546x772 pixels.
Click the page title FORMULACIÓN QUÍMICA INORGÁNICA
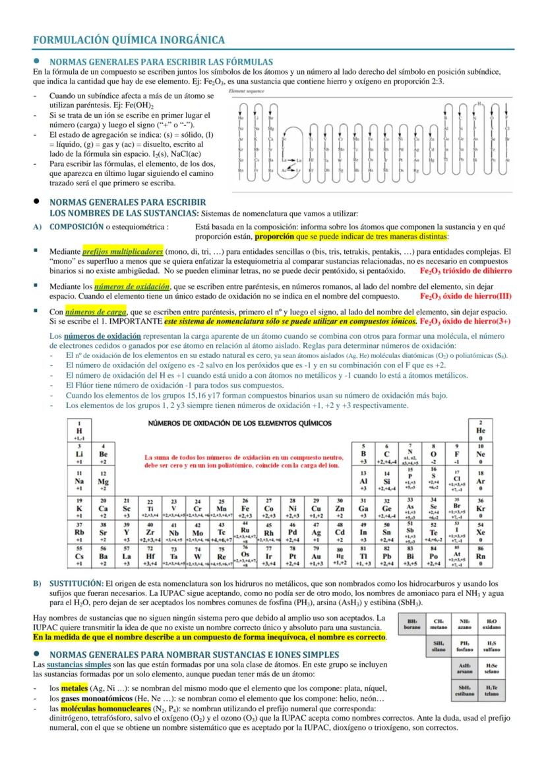point(129,40)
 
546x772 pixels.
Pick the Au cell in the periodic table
point(316,558)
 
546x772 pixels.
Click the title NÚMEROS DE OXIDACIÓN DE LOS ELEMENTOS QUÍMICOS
point(240,423)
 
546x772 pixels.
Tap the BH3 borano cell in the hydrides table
point(413,624)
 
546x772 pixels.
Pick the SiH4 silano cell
point(439,646)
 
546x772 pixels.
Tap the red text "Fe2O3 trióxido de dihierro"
point(475,270)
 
